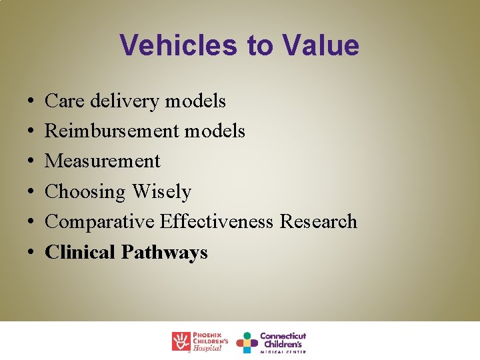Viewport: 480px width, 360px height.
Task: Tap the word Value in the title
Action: coord(321,45)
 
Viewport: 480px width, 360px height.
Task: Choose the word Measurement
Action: coord(102,161)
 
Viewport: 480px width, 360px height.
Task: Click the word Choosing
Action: coord(85,192)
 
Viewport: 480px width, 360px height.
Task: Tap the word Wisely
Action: coord(161,192)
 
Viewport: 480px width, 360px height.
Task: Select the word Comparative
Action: coord(99,221)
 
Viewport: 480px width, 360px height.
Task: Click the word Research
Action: coord(318,221)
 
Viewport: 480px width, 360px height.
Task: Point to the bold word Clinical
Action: coord(80,252)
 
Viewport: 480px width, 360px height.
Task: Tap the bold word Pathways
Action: coord(165,252)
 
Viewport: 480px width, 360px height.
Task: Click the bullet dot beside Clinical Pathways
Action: coord(33,253)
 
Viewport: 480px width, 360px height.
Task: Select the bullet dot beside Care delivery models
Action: coord(33,102)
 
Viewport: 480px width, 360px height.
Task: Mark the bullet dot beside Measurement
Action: coord(33,162)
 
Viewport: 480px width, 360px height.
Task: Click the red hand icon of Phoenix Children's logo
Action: coord(181,341)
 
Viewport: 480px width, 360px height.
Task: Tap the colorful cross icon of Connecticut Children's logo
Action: coord(247,342)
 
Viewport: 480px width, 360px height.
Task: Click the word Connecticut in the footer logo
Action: coord(283,336)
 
